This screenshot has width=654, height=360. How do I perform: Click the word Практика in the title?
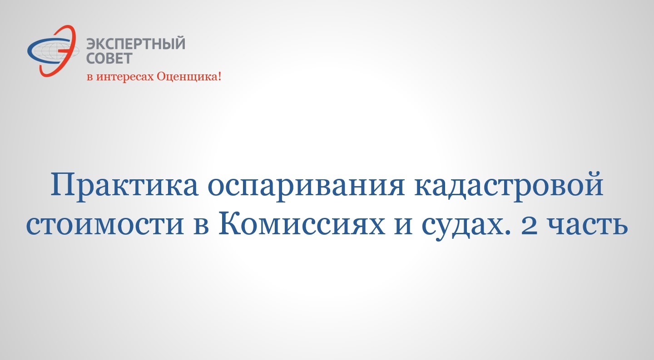tap(124, 185)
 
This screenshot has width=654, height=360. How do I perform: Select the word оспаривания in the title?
tap(306, 187)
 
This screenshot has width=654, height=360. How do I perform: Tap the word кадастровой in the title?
tap(509, 184)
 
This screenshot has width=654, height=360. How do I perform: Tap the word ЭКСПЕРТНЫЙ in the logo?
tap(136, 44)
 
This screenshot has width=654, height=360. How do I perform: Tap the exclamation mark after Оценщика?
tap(219, 77)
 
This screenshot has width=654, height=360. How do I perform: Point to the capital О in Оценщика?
tap(162, 76)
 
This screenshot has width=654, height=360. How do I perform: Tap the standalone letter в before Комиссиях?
tap(201, 226)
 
